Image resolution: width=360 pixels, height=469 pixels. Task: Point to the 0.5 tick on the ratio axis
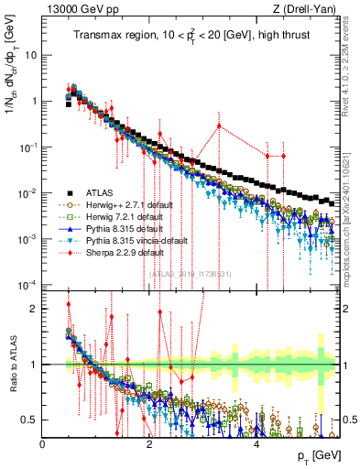[30, 420]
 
